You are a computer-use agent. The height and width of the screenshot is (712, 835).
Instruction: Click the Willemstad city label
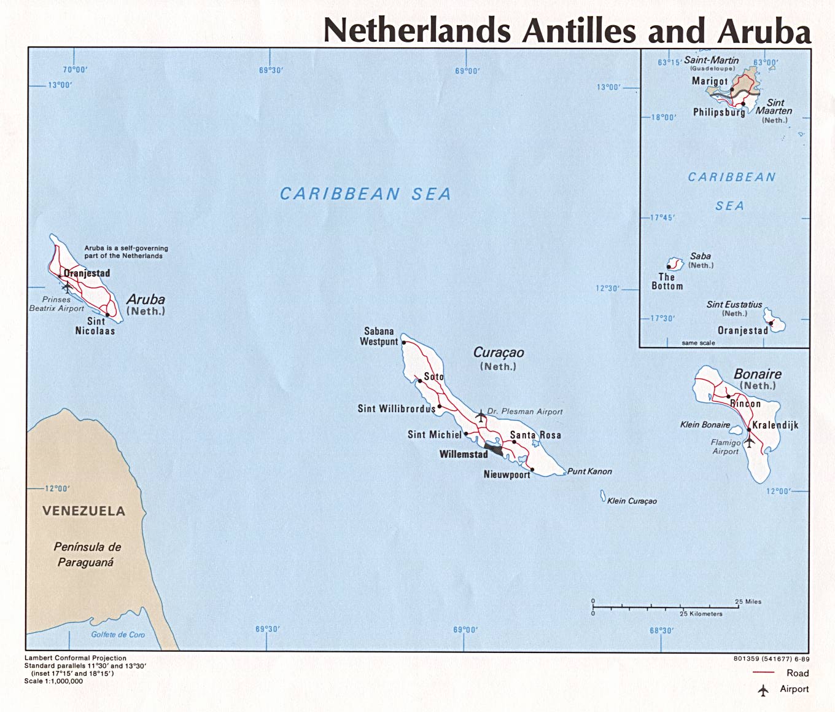[464, 455]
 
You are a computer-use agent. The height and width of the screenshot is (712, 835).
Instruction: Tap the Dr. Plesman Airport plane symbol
[480, 416]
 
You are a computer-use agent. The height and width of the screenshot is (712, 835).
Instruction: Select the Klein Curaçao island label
[632, 501]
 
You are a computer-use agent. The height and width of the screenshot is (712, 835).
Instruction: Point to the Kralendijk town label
[775, 425]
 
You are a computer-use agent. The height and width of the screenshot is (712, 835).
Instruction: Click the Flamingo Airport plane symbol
[749, 441]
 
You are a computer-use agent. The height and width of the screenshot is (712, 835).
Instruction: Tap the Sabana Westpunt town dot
[403, 343]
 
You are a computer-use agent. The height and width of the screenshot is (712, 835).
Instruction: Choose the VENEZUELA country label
[83, 511]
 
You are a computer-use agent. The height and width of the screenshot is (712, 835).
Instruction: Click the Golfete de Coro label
[118, 635]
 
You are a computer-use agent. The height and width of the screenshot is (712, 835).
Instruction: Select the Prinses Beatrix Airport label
[56, 304]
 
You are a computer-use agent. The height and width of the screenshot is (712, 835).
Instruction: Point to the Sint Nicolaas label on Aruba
[95, 326]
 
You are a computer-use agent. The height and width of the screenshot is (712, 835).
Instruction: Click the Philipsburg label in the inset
[718, 112]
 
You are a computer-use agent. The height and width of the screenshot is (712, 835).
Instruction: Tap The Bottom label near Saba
[667, 281]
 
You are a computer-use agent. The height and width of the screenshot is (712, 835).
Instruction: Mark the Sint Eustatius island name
[734, 305]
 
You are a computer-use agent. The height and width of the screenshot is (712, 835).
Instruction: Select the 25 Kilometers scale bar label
[701, 614]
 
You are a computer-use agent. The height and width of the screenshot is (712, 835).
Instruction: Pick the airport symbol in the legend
[763, 690]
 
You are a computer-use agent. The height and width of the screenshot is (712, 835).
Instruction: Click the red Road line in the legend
[763, 673]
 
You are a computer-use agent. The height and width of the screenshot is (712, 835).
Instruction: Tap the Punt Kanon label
[589, 471]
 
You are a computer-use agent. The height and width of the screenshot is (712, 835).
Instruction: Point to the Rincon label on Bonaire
[745, 404]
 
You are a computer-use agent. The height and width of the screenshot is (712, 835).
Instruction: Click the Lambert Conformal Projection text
[76, 658]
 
